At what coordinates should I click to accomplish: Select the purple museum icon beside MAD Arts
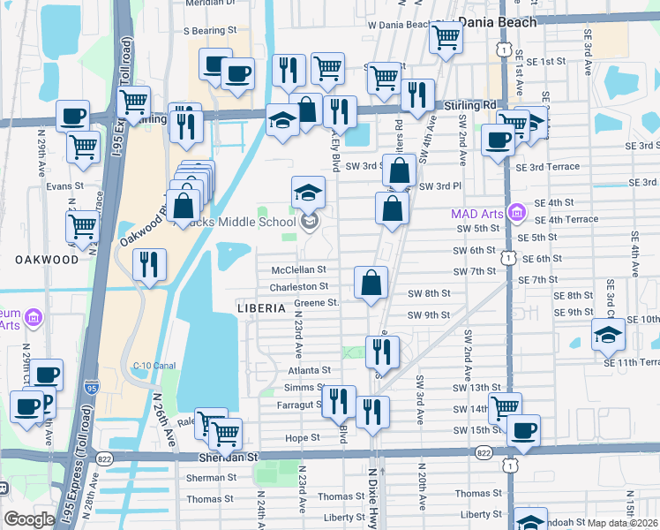[x=516, y=213]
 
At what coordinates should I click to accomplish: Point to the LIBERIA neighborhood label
[x=261, y=308]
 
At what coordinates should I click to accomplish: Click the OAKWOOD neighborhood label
[x=46, y=260]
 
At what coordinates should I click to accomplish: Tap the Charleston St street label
[x=299, y=286]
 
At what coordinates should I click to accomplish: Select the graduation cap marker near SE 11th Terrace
[x=609, y=335]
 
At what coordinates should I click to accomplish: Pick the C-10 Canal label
[x=150, y=366]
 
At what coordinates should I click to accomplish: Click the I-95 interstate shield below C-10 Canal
[x=92, y=387]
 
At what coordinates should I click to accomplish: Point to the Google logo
[x=29, y=519]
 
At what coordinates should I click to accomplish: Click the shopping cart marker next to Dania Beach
[x=446, y=38]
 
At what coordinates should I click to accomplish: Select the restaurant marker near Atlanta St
[x=382, y=350]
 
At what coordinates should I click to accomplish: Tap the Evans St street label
[x=64, y=186]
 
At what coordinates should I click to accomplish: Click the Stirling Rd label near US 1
[x=477, y=104]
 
